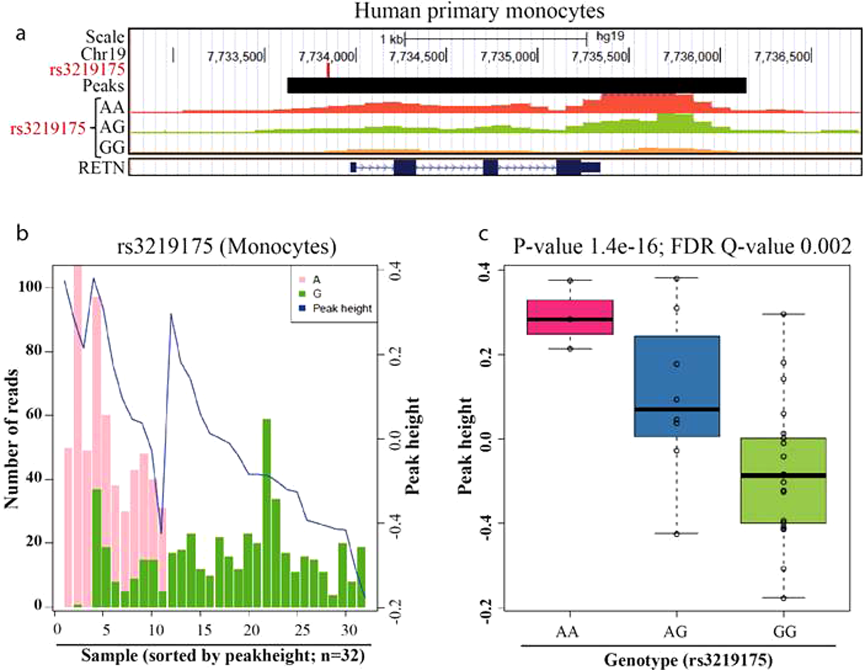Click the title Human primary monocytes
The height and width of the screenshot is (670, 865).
479,11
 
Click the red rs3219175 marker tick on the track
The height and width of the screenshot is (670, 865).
328,70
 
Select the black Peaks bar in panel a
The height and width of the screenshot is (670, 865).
516,86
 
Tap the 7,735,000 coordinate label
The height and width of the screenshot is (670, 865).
508,57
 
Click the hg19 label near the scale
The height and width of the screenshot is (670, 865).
610,37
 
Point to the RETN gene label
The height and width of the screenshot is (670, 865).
101,168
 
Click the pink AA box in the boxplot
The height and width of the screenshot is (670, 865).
570,317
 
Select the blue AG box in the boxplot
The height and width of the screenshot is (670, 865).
677,386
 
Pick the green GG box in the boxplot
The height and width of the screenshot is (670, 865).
784,480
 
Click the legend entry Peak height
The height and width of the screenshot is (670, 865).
342,309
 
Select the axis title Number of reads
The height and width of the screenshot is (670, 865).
12,439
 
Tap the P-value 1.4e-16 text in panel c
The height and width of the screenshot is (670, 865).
585,246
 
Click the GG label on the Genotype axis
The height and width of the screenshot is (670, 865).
784,631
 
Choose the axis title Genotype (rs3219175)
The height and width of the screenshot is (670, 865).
688,660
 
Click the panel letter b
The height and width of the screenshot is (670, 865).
22,232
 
